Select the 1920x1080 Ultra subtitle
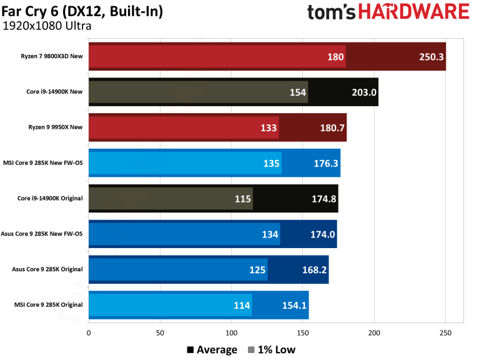coord(47,26)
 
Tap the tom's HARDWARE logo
coord(388,12)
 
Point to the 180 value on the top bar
coord(335,57)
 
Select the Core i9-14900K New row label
coord(54,92)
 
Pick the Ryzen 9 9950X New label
coord(55,127)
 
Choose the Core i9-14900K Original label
coord(50,199)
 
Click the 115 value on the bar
coord(242,199)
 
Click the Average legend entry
coord(212,349)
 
